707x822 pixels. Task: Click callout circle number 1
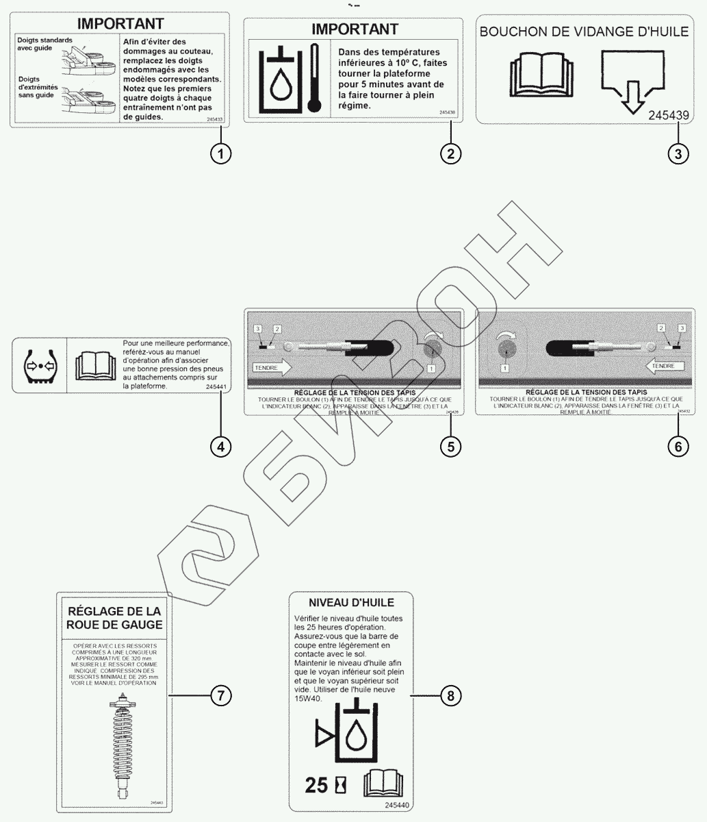(x=220, y=153)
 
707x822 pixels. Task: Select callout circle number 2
(x=450, y=153)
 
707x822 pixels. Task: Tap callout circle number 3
(x=678, y=153)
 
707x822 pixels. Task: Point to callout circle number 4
(x=220, y=447)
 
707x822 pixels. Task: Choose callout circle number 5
(x=450, y=447)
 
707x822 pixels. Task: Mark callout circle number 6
(x=678, y=447)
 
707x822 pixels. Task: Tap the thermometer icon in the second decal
(x=314, y=77)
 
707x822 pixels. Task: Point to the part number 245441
(x=216, y=387)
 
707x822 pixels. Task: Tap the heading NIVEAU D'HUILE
(x=351, y=603)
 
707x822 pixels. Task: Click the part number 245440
(x=398, y=806)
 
